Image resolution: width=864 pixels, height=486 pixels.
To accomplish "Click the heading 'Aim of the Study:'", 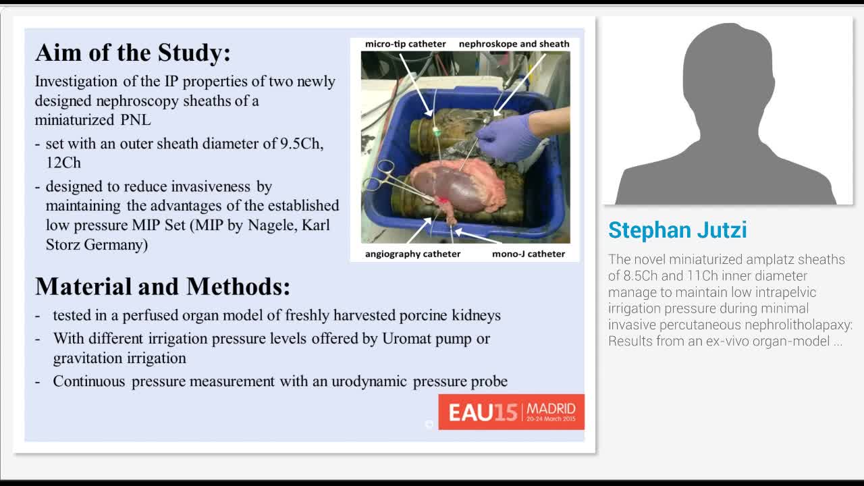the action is [133, 53].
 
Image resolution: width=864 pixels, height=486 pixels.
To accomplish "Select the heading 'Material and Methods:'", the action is [163, 287].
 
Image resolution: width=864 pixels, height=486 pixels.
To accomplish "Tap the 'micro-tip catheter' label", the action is [406, 44].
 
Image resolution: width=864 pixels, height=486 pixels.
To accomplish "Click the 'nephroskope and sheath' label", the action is [514, 44].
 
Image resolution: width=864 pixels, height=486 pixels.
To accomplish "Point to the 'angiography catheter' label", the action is [412, 254].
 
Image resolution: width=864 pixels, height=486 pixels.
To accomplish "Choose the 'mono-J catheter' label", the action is [529, 254].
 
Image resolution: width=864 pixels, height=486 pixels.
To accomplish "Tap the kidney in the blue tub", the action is [459, 185].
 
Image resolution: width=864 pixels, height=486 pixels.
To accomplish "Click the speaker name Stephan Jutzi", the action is [677, 230].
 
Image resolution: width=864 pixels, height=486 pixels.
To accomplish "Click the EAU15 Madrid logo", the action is [511, 412].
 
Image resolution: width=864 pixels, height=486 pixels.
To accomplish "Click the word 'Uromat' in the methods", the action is [407, 339].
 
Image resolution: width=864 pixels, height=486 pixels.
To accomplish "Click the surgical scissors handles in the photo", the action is [380, 175].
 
